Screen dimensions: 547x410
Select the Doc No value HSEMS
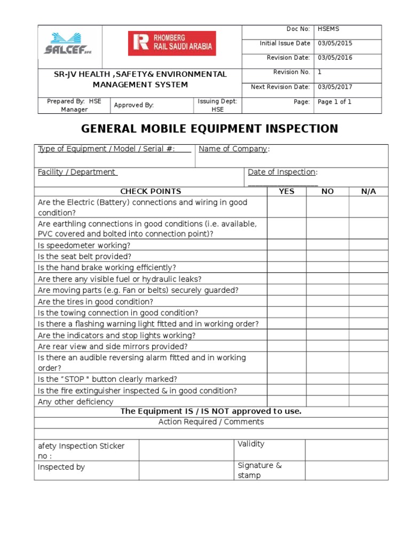point(328,29)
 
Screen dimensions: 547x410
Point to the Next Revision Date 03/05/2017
point(335,87)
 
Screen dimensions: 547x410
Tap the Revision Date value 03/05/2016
point(335,58)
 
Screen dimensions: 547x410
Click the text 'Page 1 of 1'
point(334,102)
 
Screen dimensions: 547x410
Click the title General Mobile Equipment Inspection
point(209,129)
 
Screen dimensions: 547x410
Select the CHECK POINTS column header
point(151,191)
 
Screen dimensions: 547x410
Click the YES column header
point(287,191)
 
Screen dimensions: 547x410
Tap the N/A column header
point(368,191)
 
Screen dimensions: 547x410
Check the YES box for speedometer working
point(287,245)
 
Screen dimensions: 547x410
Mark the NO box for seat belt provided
point(327,256)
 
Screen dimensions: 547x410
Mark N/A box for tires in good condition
point(368,301)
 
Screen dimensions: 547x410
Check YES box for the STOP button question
point(287,379)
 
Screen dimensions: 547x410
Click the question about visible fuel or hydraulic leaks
point(120,279)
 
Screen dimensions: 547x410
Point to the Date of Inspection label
point(282,172)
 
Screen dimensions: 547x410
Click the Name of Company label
point(233,149)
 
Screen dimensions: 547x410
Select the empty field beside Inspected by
point(186,470)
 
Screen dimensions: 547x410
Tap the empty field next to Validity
point(346,450)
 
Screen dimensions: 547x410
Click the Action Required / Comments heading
point(211,422)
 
